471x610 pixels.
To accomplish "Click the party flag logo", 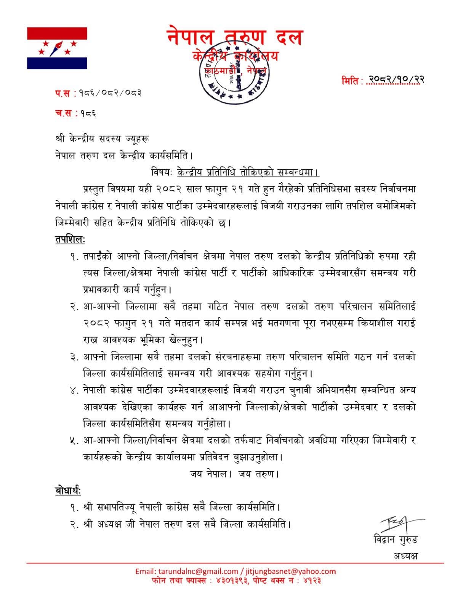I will tap(57, 48).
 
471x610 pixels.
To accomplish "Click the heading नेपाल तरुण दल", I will tap(235, 38).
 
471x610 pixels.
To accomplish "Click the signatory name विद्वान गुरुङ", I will tap(396, 540).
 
